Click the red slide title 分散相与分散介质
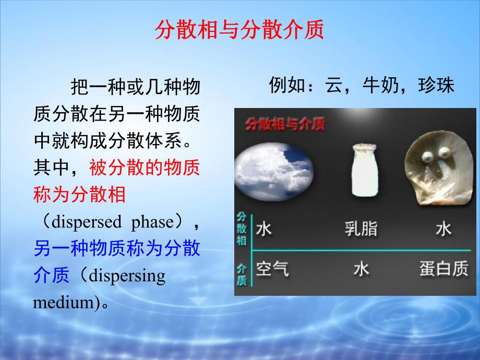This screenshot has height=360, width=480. coord(239,31)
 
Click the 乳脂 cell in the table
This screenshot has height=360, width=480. coord(361,229)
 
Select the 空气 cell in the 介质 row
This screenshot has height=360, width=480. coord(272,268)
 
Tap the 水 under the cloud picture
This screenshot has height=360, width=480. coord(264,229)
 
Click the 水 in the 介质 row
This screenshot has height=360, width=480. coord(361,268)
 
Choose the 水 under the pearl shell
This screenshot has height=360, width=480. coord(443,229)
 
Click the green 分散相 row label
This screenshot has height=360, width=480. coord(242,229)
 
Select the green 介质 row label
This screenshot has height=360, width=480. coord(242,273)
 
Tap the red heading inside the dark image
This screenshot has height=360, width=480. coord(285,125)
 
